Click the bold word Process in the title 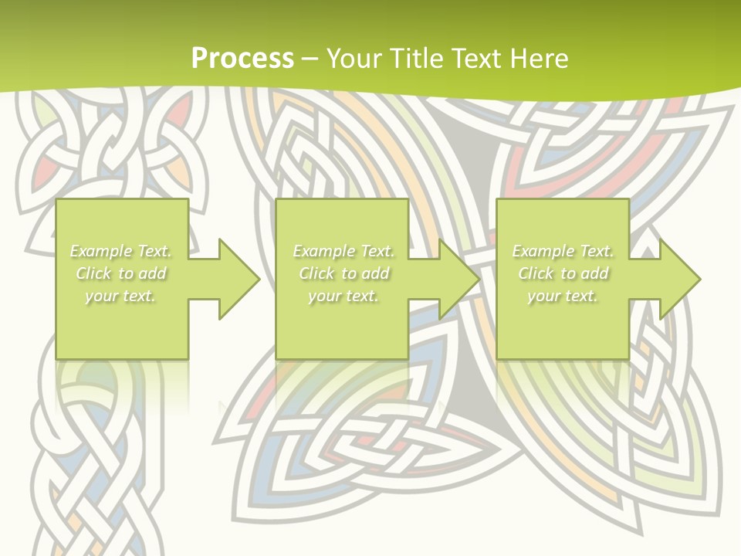[x=242, y=59]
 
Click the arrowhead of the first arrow [x=239, y=279]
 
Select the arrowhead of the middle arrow [x=458, y=279]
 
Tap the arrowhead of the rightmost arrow [x=679, y=279]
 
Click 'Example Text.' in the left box [x=120, y=251]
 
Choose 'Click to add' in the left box [x=120, y=273]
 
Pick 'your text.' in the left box [x=120, y=296]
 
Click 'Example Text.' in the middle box [x=343, y=251]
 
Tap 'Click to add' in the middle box [x=343, y=273]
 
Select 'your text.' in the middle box [x=343, y=296]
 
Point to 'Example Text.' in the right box [x=563, y=251]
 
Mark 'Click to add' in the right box [x=563, y=273]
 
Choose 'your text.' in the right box [x=563, y=296]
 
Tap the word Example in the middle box [x=323, y=251]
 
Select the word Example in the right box [x=543, y=251]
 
